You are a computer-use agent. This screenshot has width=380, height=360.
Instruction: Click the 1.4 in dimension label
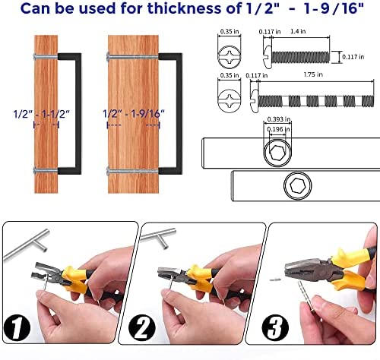tap(298, 31)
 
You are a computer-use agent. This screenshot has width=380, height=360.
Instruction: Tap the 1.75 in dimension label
tap(313, 74)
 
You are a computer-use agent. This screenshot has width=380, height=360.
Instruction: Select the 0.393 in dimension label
tap(279, 119)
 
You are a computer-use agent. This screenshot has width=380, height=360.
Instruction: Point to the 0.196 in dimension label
tap(278, 129)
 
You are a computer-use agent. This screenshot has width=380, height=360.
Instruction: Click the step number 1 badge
tap(17, 327)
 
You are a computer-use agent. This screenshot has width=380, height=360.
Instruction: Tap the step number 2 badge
tap(142, 328)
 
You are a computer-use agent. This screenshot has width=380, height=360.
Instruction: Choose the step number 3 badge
tap(275, 328)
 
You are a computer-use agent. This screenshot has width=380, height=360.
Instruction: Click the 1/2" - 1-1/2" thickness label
tap(41, 114)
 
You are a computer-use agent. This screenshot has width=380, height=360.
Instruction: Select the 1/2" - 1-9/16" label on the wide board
tap(134, 114)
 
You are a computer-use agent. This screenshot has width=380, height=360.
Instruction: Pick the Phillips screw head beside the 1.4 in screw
tap(230, 57)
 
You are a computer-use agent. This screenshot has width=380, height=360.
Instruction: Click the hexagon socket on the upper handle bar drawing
tap(277, 153)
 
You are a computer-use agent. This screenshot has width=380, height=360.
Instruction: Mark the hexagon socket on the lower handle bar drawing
tap(298, 186)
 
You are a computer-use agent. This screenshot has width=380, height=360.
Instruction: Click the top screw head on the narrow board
tap(35, 57)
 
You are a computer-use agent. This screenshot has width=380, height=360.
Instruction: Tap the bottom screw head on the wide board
tap(108, 171)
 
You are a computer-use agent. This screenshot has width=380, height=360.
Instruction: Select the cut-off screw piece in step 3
tap(276, 279)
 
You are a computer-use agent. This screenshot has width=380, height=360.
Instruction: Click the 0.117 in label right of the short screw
tap(353, 57)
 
